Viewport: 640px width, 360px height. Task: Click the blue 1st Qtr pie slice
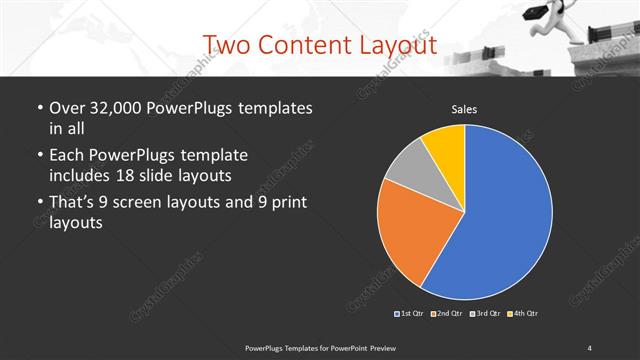click(x=505, y=220)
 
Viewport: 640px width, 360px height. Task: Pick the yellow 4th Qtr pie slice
click(x=446, y=145)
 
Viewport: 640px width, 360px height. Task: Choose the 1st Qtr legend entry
click(x=410, y=314)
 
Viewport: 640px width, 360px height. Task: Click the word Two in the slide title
click(x=224, y=44)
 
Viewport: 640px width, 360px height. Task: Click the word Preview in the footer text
click(x=393, y=346)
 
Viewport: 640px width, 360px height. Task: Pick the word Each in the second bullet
click(x=68, y=155)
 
